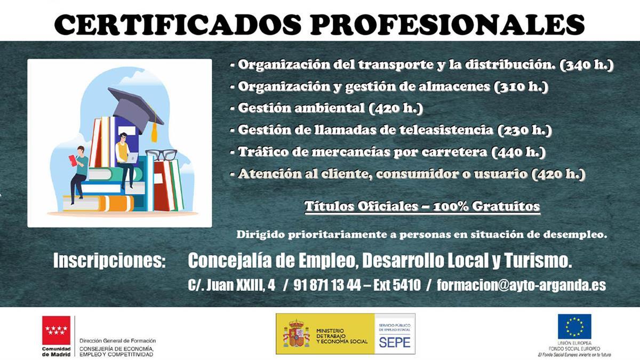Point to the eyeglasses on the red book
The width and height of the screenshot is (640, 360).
coord(161,155)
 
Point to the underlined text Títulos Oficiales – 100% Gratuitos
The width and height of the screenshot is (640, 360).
coord(422,206)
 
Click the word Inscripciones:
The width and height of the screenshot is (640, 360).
coord(110,261)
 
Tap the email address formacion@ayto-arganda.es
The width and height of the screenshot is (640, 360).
coord(521,285)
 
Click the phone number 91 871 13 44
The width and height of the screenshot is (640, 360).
coord(327,285)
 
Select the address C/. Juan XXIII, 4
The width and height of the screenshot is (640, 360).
coord(231,285)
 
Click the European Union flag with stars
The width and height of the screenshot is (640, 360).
coord(574,326)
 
